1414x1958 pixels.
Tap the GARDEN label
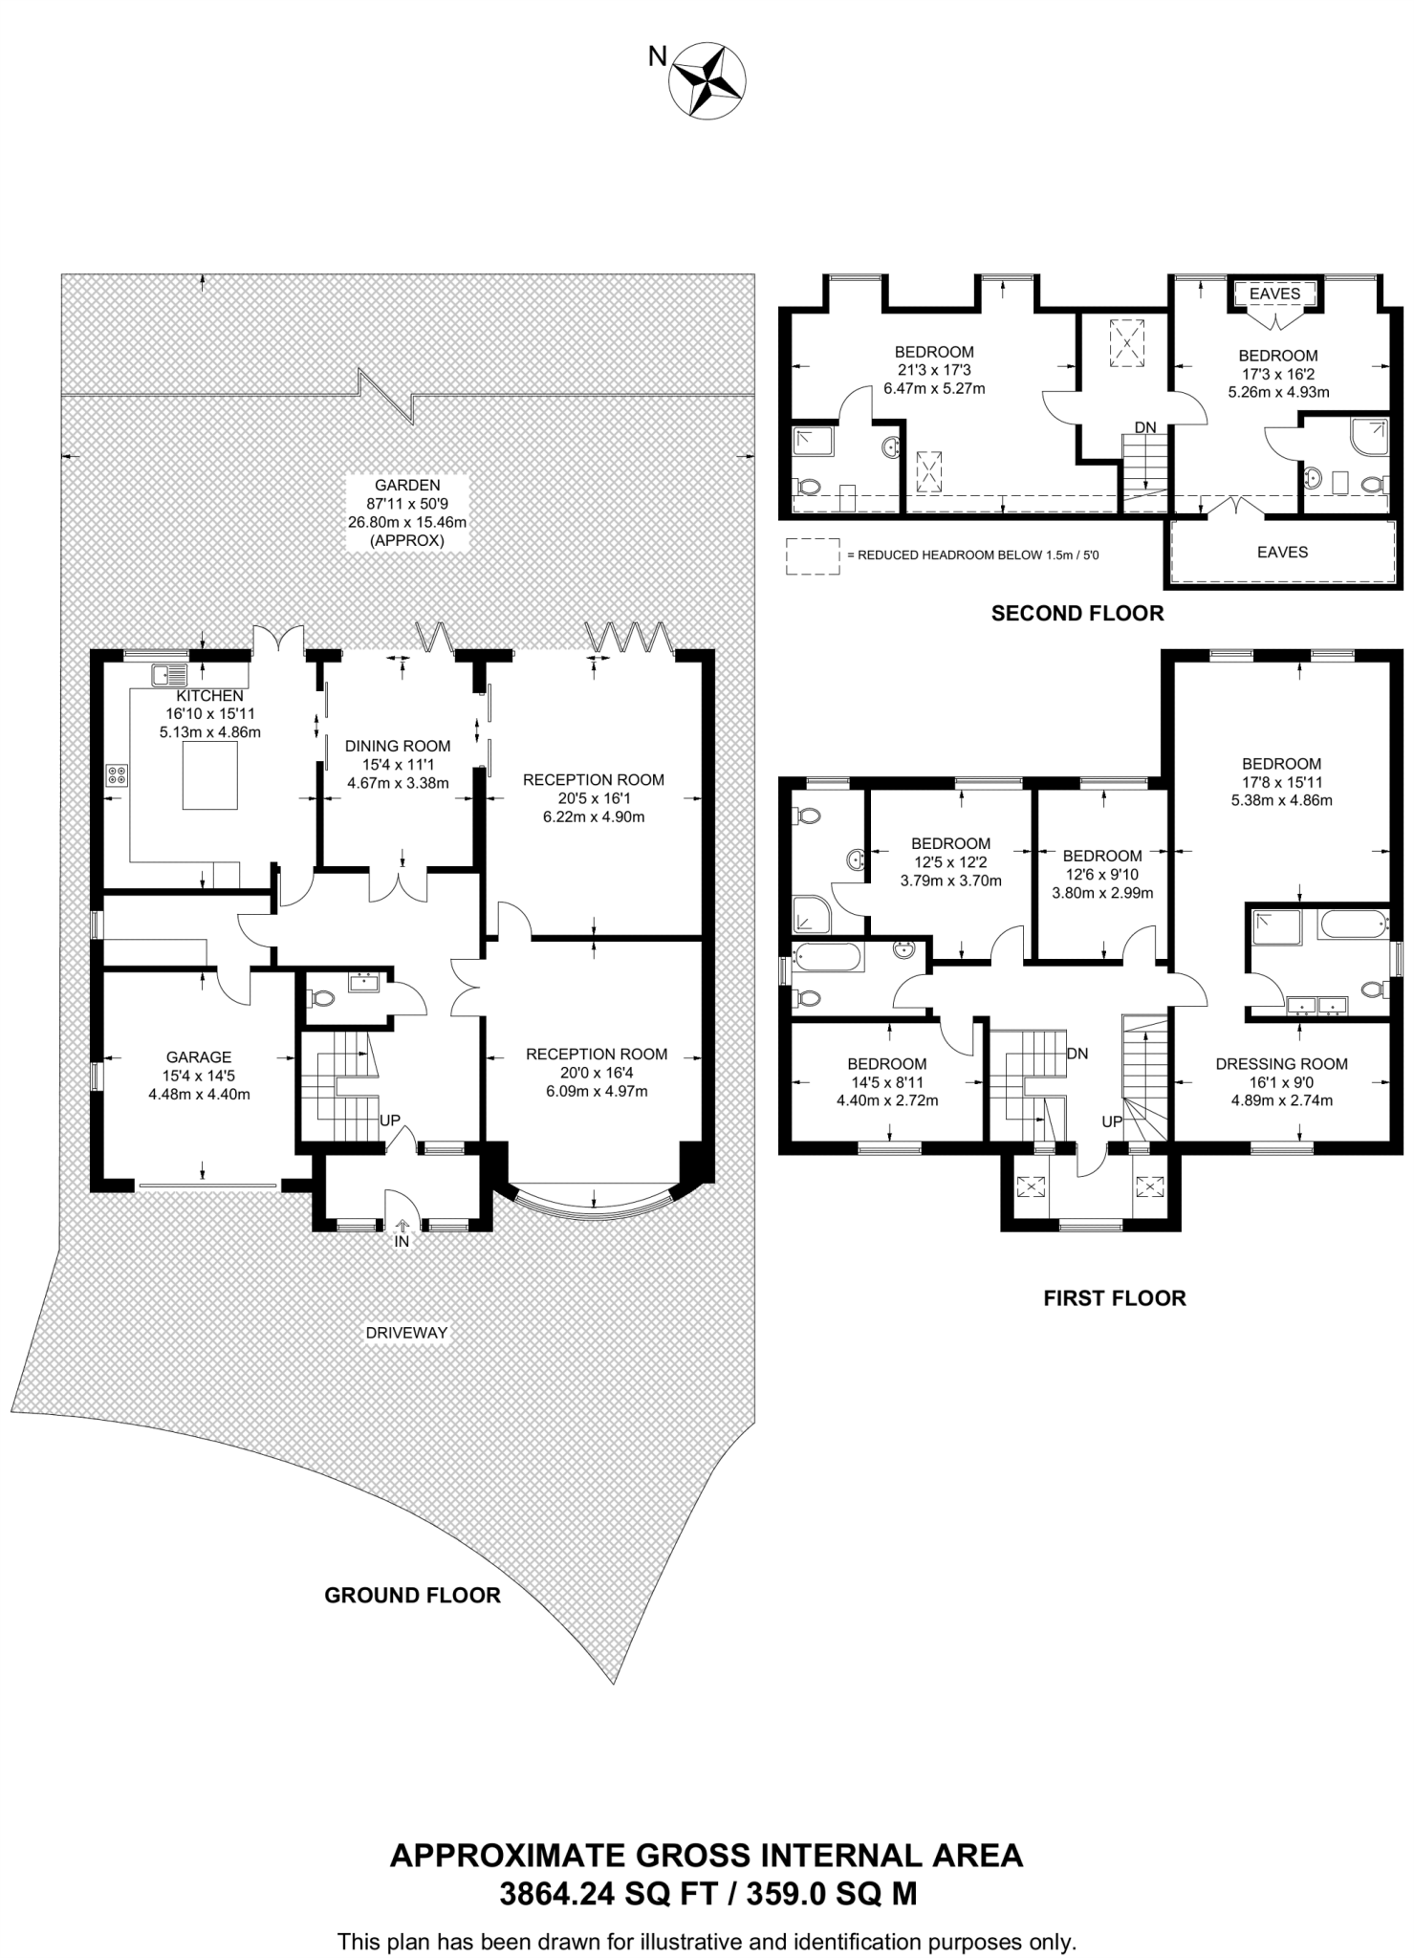coord(407,485)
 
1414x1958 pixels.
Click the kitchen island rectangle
coord(209,775)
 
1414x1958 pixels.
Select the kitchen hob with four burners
coord(118,775)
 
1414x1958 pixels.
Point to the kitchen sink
coord(169,675)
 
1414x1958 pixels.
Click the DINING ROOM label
coord(398,746)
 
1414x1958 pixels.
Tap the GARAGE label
coord(199,1056)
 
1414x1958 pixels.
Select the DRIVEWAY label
coord(406,1332)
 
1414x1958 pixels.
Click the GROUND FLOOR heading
coord(412,1595)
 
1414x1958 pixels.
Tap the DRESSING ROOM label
coord(1281,1063)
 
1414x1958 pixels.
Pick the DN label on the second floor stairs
coord(1144,426)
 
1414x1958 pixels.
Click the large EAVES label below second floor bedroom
coord(1281,552)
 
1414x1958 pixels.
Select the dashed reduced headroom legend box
coord(812,555)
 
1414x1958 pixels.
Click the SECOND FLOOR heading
coord(1077,614)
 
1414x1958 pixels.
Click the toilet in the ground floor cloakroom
coord(321,998)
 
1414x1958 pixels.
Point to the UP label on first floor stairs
coord(1112,1121)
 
